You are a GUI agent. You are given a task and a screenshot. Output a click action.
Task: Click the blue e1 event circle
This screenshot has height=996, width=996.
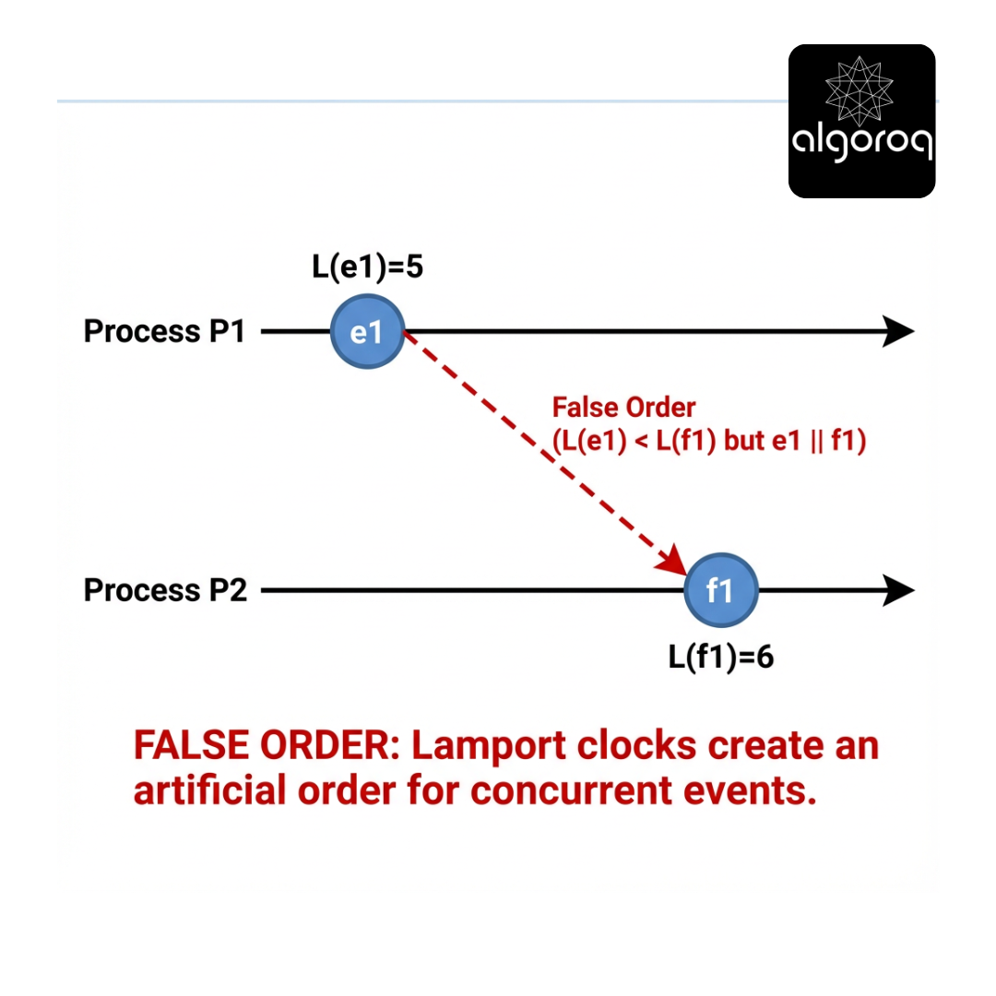(367, 332)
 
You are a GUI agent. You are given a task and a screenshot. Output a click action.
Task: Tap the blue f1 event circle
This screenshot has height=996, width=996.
(720, 590)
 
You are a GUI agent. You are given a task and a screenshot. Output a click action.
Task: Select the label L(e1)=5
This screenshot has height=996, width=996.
(367, 268)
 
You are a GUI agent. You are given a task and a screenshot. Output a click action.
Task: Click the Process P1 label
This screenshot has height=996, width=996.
(165, 332)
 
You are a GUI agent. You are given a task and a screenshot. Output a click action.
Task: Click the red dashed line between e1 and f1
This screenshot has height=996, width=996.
(535, 445)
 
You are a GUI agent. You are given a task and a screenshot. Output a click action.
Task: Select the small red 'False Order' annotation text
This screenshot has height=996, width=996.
(623, 407)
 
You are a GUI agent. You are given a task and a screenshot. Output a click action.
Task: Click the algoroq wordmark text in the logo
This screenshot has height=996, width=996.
(861, 146)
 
